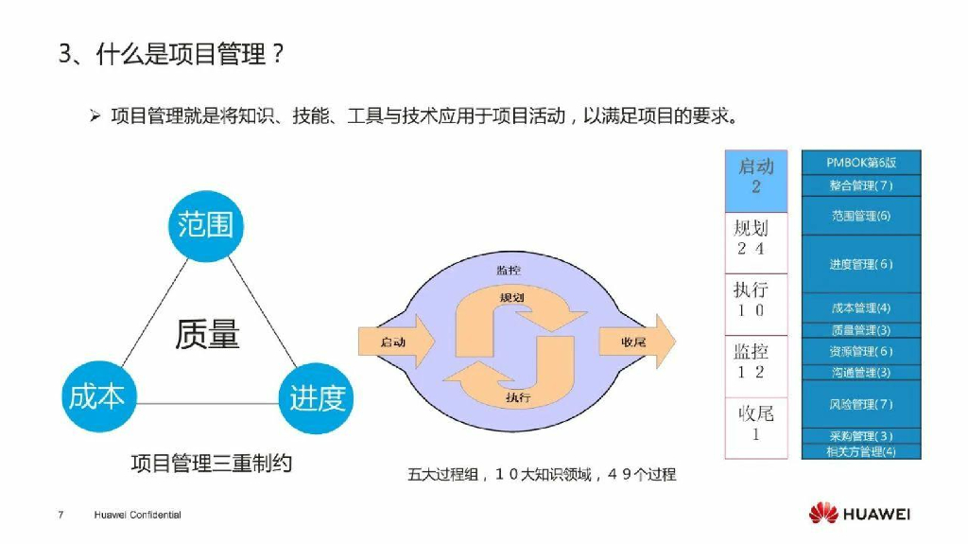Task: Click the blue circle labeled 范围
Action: click(206, 224)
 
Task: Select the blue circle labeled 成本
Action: click(96, 395)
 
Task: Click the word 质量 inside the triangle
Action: click(207, 334)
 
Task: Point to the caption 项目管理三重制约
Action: click(211, 463)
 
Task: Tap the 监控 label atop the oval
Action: click(508, 271)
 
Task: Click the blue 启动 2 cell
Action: click(755, 179)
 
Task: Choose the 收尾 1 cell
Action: click(755, 424)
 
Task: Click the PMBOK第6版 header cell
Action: click(860, 163)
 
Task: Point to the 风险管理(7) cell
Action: click(860, 404)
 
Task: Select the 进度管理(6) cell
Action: click(860, 264)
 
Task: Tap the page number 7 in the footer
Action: click(60, 515)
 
